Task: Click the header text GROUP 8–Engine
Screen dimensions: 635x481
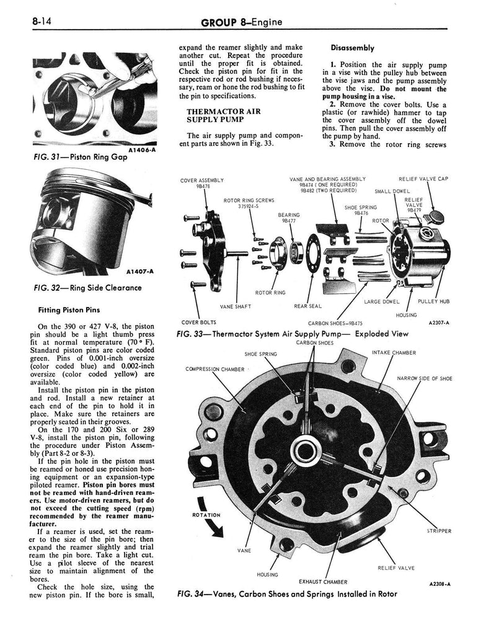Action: tap(241, 23)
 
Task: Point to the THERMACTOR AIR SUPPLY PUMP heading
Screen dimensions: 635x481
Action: tap(215, 115)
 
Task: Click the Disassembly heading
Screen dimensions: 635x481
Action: tap(352, 48)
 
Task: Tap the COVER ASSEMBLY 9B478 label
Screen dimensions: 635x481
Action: tap(198, 183)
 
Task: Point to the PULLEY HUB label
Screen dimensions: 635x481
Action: tap(433, 301)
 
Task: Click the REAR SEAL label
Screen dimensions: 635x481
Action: tap(307, 305)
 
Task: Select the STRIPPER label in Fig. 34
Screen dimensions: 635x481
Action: tap(439, 531)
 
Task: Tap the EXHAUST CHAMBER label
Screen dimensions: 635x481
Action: tap(323, 582)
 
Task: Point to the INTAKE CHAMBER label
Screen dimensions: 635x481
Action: tap(394, 353)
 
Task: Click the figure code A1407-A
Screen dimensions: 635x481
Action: tap(143, 271)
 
